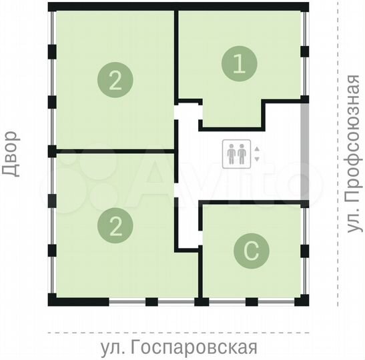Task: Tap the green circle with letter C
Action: click(252, 251)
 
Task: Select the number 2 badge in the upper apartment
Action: click(115, 81)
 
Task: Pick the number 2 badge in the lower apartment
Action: click(115, 227)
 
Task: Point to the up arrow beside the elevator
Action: click(256, 149)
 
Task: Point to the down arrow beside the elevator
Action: click(256, 159)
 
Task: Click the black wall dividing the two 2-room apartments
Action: click(113, 151)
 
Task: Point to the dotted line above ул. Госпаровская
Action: click(180, 331)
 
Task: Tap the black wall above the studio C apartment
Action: click(254, 202)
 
